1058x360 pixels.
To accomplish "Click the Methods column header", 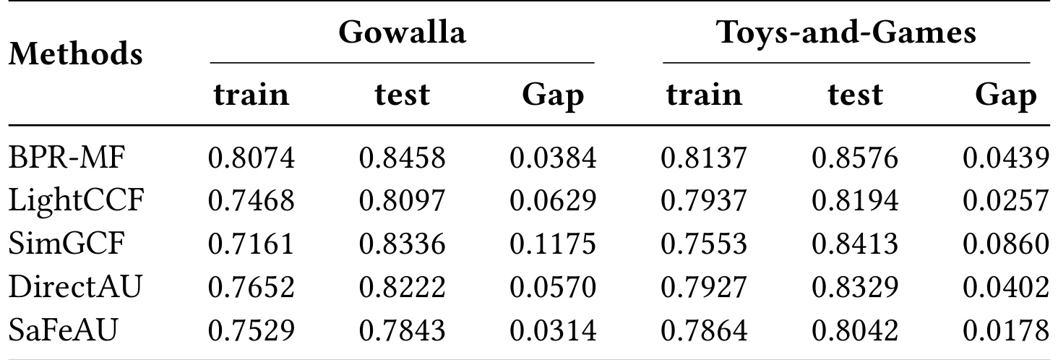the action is click(x=76, y=53).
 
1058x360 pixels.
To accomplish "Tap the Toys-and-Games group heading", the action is click(x=846, y=33).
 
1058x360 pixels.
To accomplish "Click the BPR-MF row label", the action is click(x=67, y=158).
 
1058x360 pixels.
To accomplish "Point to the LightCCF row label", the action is click(x=76, y=201).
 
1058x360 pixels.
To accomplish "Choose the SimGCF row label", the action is click(x=66, y=244).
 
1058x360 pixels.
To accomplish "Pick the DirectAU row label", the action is click(x=75, y=287).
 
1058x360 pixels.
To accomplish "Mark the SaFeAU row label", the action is click(x=63, y=330).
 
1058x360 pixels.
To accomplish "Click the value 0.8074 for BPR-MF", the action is click(x=251, y=158).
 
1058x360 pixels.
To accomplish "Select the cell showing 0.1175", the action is click(x=553, y=244).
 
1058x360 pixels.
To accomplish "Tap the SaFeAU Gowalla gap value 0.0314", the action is click(x=553, y=330).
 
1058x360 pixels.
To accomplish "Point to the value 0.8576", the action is click(x=855, y=158).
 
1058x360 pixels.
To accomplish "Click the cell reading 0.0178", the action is click(x=1006, y=330).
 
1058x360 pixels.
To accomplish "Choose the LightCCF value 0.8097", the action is click(x=402, y=201).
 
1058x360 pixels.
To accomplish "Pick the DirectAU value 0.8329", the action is click(x=855, y=287).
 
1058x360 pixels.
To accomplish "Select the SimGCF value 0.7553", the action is click(x=704, y=244).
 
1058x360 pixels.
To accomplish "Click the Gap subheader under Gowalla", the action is click(x=553, y=96).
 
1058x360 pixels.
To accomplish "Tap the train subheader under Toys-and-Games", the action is click(x=704, y=94).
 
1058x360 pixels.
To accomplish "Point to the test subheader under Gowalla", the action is click(x=402, y=95).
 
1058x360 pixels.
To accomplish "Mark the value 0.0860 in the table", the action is click(x=1006, y=244).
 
